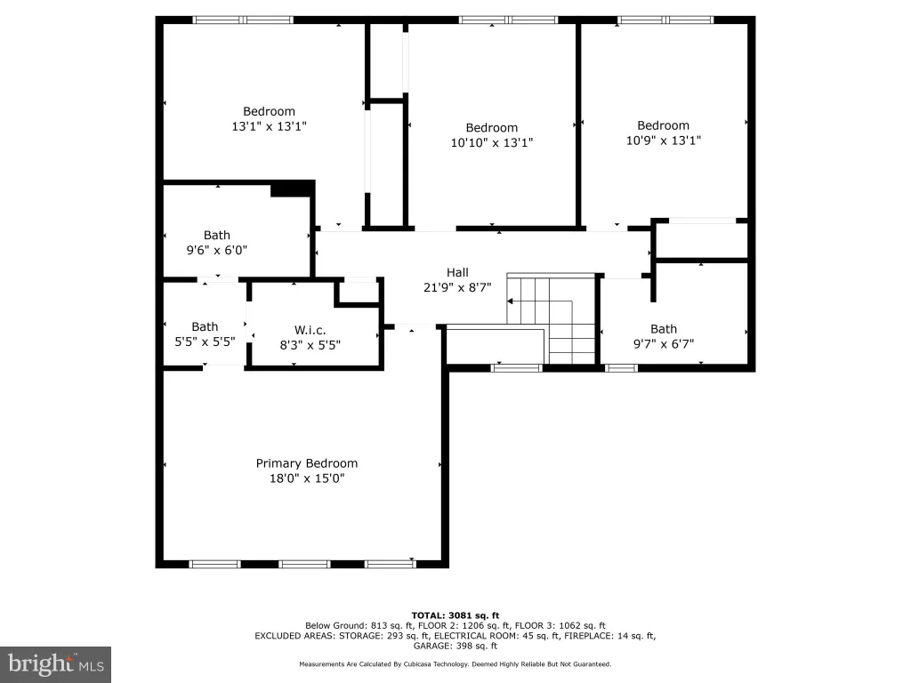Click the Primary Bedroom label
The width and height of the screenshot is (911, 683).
(307, 463)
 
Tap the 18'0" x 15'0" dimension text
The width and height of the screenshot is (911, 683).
(307, 478)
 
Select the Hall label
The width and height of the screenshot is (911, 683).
(457, 272)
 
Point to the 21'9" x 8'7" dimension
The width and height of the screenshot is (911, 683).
(457, 287)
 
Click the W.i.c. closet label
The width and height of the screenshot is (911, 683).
(310, 331)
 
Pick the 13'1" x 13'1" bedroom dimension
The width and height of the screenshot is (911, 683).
(269, 126)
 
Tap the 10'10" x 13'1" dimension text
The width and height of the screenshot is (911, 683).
(491, 142)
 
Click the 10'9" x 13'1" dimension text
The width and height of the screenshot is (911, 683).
(664, 141)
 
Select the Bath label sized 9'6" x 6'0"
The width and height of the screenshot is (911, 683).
(217, 235)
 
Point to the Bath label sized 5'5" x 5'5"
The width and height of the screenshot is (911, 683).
(205, 327)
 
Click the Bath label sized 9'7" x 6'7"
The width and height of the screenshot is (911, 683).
(664, 329)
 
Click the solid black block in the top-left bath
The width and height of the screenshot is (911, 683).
(293, 189)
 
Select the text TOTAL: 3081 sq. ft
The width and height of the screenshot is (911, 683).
(455, 615)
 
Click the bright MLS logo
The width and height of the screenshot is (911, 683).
(56, 664)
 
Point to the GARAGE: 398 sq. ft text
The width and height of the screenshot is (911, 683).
(455, 646)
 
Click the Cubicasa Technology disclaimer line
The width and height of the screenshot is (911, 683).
(455, 663)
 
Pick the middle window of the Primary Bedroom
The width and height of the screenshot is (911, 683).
(304, 564)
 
